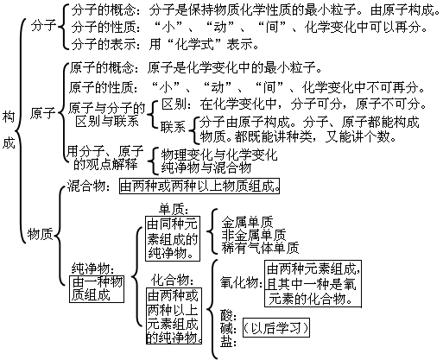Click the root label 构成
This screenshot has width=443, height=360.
tap(9, 129)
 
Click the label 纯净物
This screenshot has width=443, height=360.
tap(89, 268)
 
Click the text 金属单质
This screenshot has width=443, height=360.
tap(250, 221)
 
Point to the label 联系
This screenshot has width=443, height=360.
tap(174, 126)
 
